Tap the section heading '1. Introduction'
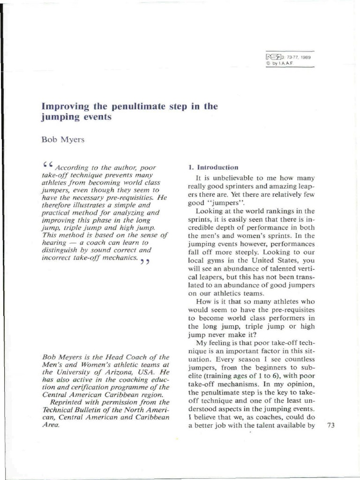pos(213,167)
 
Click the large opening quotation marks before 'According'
pos(47,165)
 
